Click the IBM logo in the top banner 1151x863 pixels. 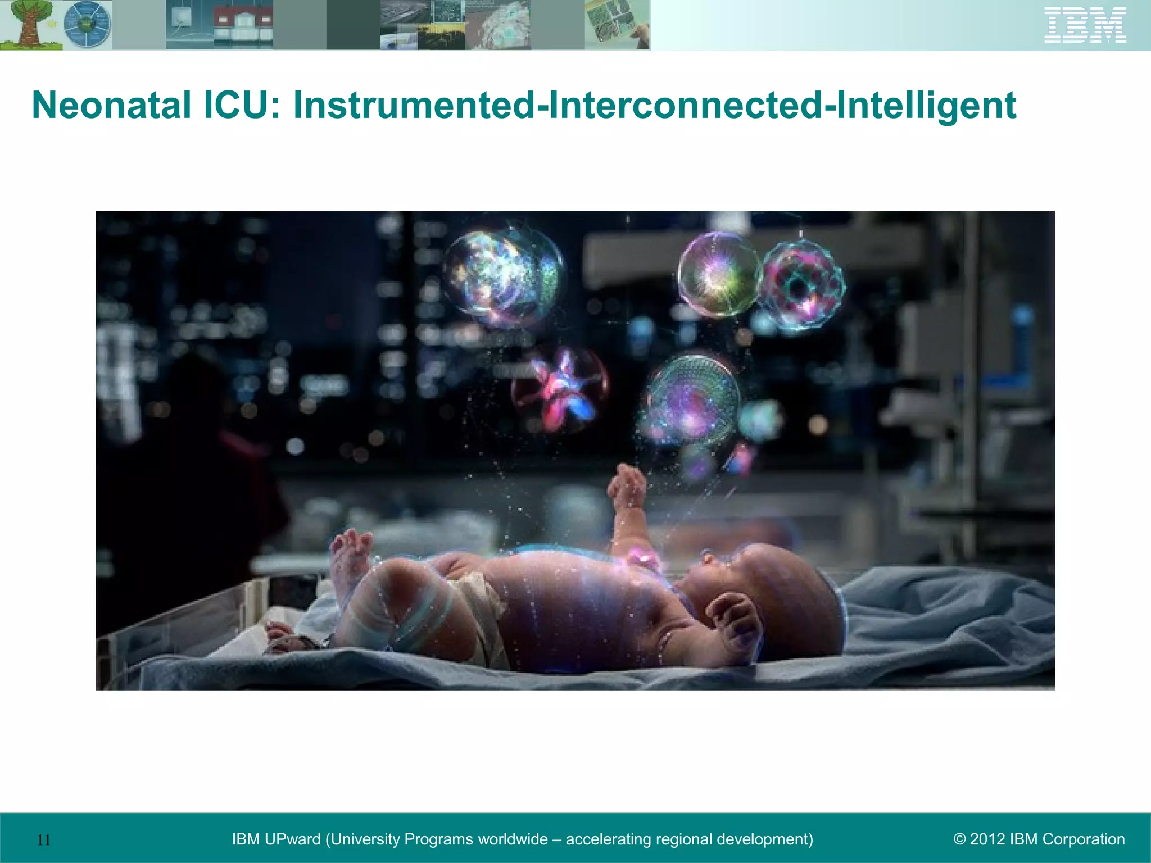click(x=1085, y=25)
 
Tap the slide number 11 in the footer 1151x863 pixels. click(x=44, y=840)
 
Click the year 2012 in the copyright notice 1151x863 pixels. click(x=987, y=839)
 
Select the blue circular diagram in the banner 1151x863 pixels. click(x=87, y=25)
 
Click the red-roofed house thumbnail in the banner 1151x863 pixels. click(x=243, y=25)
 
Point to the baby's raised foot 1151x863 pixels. click(x=351, y=553)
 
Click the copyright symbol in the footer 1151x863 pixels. click(x=959, y=839)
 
